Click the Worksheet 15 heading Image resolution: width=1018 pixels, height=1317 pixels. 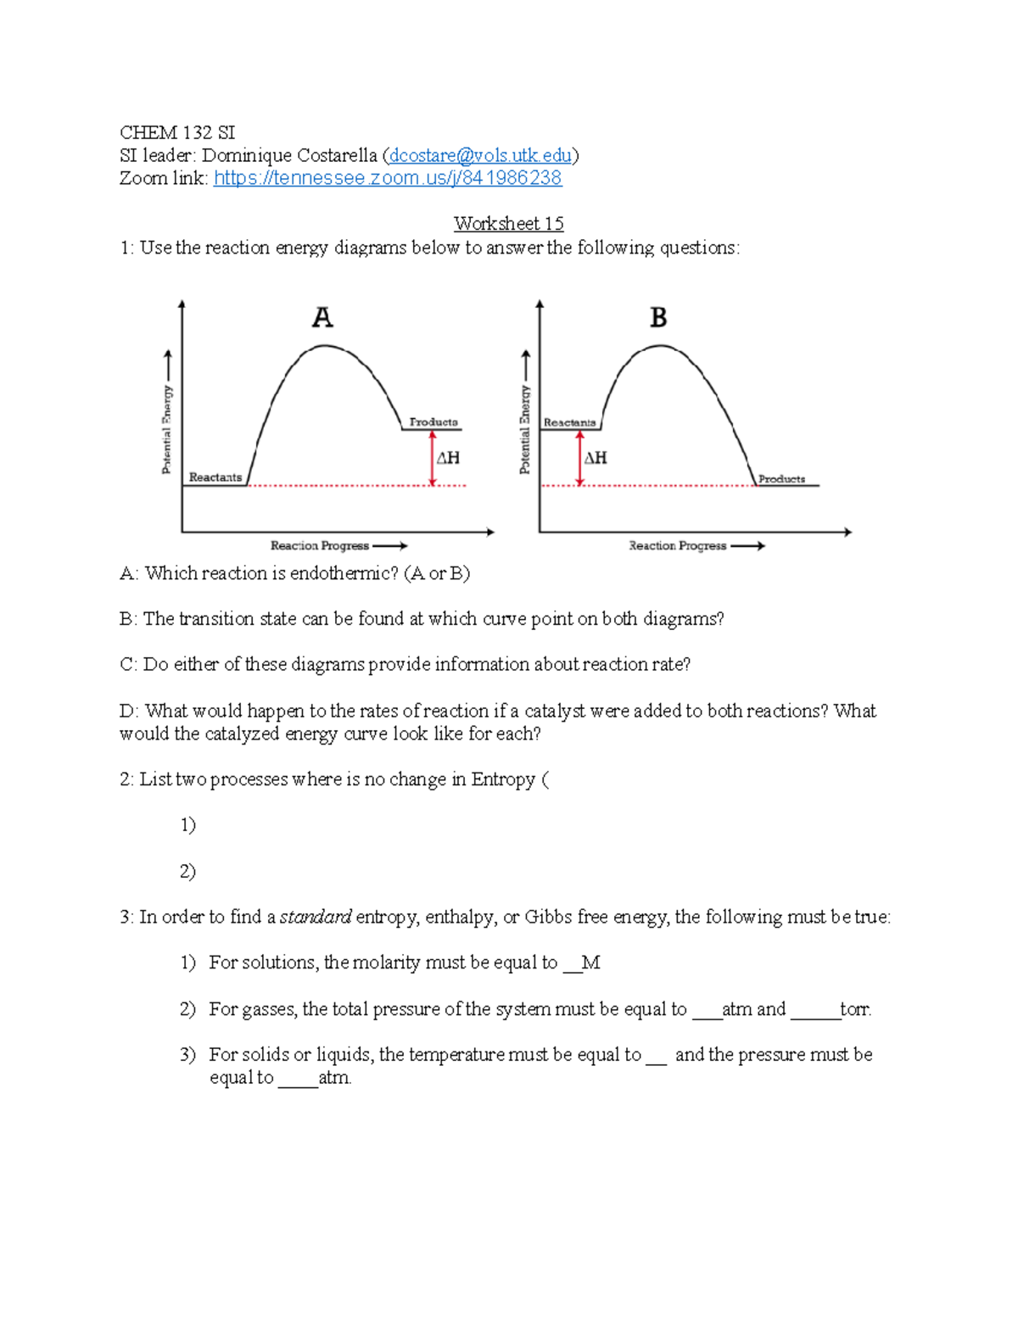click(508, 224)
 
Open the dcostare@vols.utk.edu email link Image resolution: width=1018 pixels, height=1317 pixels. click(480, 155)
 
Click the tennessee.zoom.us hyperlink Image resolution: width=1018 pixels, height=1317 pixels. click(388, 178)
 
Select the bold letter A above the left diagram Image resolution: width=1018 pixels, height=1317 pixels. click(322, 317)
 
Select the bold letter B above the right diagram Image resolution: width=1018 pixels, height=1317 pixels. click(658, 317)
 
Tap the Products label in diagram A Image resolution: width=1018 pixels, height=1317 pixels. click(433, 421)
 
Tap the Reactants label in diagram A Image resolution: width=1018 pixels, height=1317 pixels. click(215, 477)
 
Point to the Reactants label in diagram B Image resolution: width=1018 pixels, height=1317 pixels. click(569, 422)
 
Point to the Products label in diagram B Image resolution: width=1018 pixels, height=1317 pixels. click(781, 479)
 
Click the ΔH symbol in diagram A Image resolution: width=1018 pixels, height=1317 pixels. click(448, 458)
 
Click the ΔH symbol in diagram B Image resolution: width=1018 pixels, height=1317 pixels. click(596, 458)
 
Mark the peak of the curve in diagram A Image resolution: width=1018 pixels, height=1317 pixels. click(324, 346)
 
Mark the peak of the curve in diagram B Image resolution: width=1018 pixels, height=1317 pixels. click(661, 346)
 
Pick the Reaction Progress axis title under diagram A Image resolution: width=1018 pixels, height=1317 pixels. click(320, 545)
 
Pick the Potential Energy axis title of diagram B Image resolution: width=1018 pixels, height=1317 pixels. click(525, 429)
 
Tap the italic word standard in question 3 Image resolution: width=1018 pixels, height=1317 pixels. click(316, 917)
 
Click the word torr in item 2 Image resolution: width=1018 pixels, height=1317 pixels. click(854, 1009)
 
